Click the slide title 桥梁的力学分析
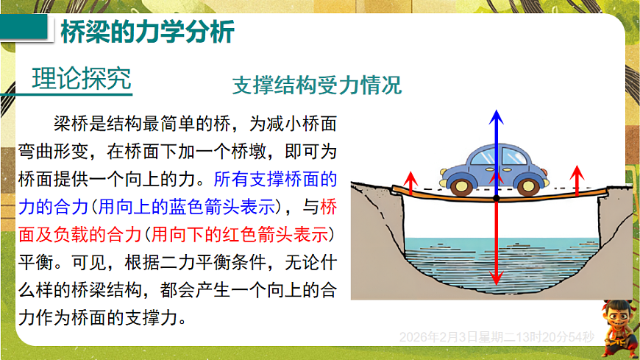146,32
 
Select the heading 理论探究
82,77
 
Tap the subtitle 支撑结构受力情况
317,85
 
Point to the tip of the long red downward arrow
497,283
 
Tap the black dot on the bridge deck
497,197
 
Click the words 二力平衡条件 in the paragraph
202,263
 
